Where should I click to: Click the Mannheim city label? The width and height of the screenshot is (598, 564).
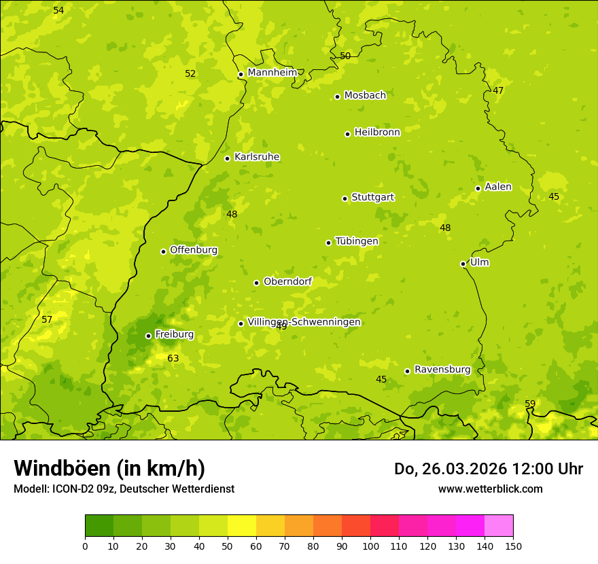click(272, 72)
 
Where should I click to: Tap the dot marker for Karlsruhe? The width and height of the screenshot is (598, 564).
click(227, 158)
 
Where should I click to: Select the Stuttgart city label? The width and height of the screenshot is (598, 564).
click(372, 197)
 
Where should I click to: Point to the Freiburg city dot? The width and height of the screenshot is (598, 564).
click(148, 336)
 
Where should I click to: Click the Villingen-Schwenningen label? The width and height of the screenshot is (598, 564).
click(304, 322)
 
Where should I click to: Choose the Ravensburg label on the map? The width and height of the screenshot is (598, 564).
click(442, 370)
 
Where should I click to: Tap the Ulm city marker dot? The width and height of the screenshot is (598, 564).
click(463, 264)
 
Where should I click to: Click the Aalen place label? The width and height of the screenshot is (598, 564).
click(498, 187)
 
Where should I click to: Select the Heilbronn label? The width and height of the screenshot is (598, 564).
click(377, 133)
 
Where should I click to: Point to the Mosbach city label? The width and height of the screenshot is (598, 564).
click(365, 95)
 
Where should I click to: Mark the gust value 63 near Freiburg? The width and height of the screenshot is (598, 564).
click(173, 358)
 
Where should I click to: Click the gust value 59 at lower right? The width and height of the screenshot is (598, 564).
click(530, 404)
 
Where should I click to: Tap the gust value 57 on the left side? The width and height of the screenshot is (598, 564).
click(47, 319)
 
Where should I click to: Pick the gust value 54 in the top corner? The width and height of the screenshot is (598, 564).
click(58, 10)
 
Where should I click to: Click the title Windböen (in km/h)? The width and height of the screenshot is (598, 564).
click(109, 468)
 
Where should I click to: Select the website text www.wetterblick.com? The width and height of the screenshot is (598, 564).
click(490, 489)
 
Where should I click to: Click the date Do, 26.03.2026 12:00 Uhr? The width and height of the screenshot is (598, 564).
click(489, 469)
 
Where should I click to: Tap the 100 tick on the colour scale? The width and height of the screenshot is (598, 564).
click(370, 546)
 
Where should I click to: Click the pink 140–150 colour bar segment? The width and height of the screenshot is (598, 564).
click(499, 526)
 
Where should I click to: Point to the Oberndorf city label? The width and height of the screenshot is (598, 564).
click(287, 281)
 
